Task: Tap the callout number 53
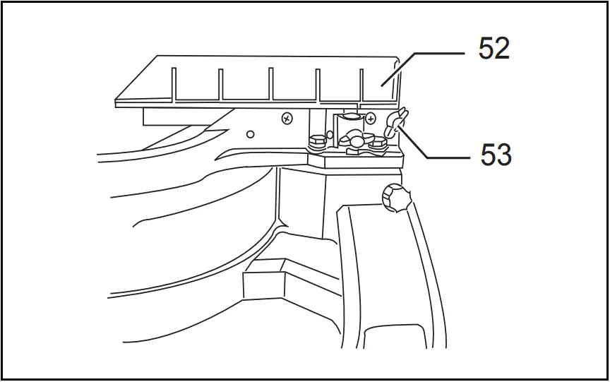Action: pos(496,155)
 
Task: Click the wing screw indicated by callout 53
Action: pos(395,123)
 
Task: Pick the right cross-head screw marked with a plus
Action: pos(371,118)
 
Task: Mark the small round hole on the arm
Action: pos(250,133)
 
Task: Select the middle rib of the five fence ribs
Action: pos(270,84)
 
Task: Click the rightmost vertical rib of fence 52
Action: pos(362,85)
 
